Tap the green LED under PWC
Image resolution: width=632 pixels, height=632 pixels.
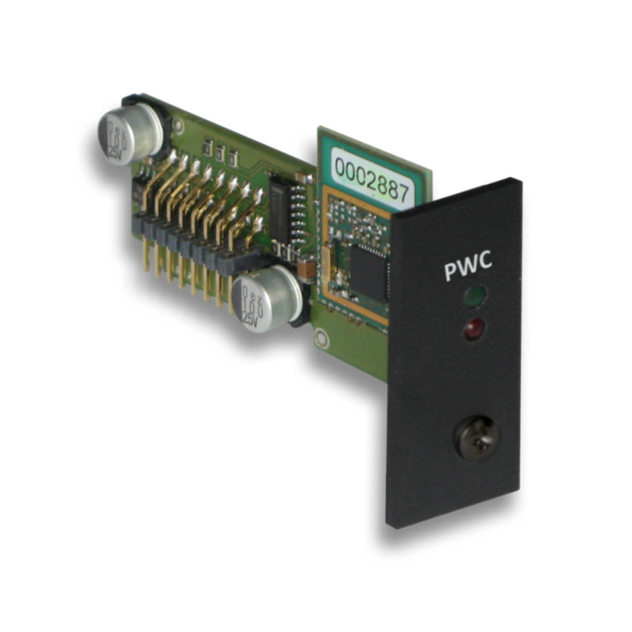[475, 296]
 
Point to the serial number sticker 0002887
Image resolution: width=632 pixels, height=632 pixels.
[372, 175]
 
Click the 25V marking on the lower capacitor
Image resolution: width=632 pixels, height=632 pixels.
[249, 319]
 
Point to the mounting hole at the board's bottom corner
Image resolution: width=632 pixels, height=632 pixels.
[320, 338]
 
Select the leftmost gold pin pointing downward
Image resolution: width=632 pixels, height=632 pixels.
[146, 260]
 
